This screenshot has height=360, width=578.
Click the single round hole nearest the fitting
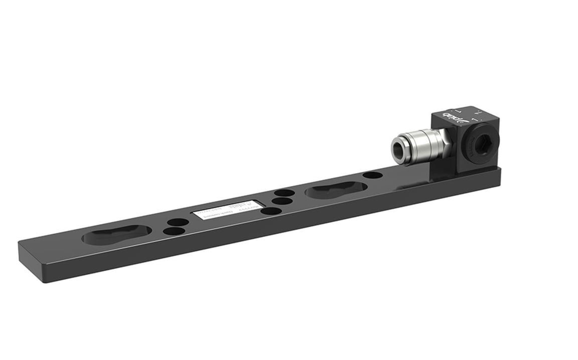coord(372,175)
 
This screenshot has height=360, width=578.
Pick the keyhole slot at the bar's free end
coord(116,234)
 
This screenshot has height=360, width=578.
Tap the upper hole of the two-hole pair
coord(178,222)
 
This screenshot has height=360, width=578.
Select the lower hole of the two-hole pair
coord(175,231)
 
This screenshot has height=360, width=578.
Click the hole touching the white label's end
coord(271,211)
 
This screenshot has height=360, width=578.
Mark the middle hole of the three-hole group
coord(281,201)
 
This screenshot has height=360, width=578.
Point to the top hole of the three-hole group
coord(284,193)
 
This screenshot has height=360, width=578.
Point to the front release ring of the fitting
coord(400,149)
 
